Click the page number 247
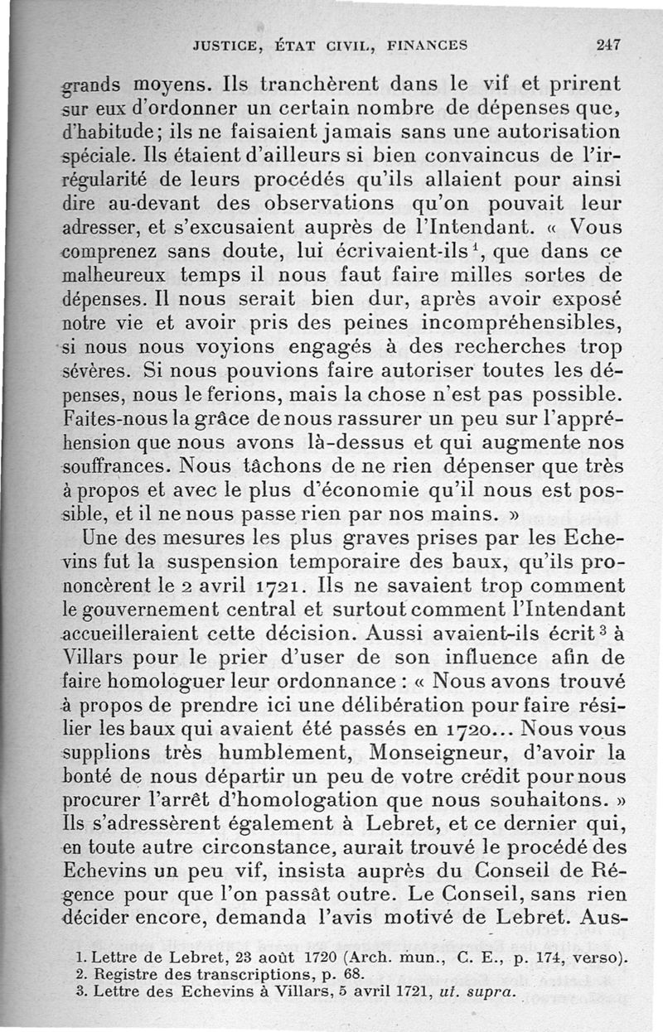point(609,46)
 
